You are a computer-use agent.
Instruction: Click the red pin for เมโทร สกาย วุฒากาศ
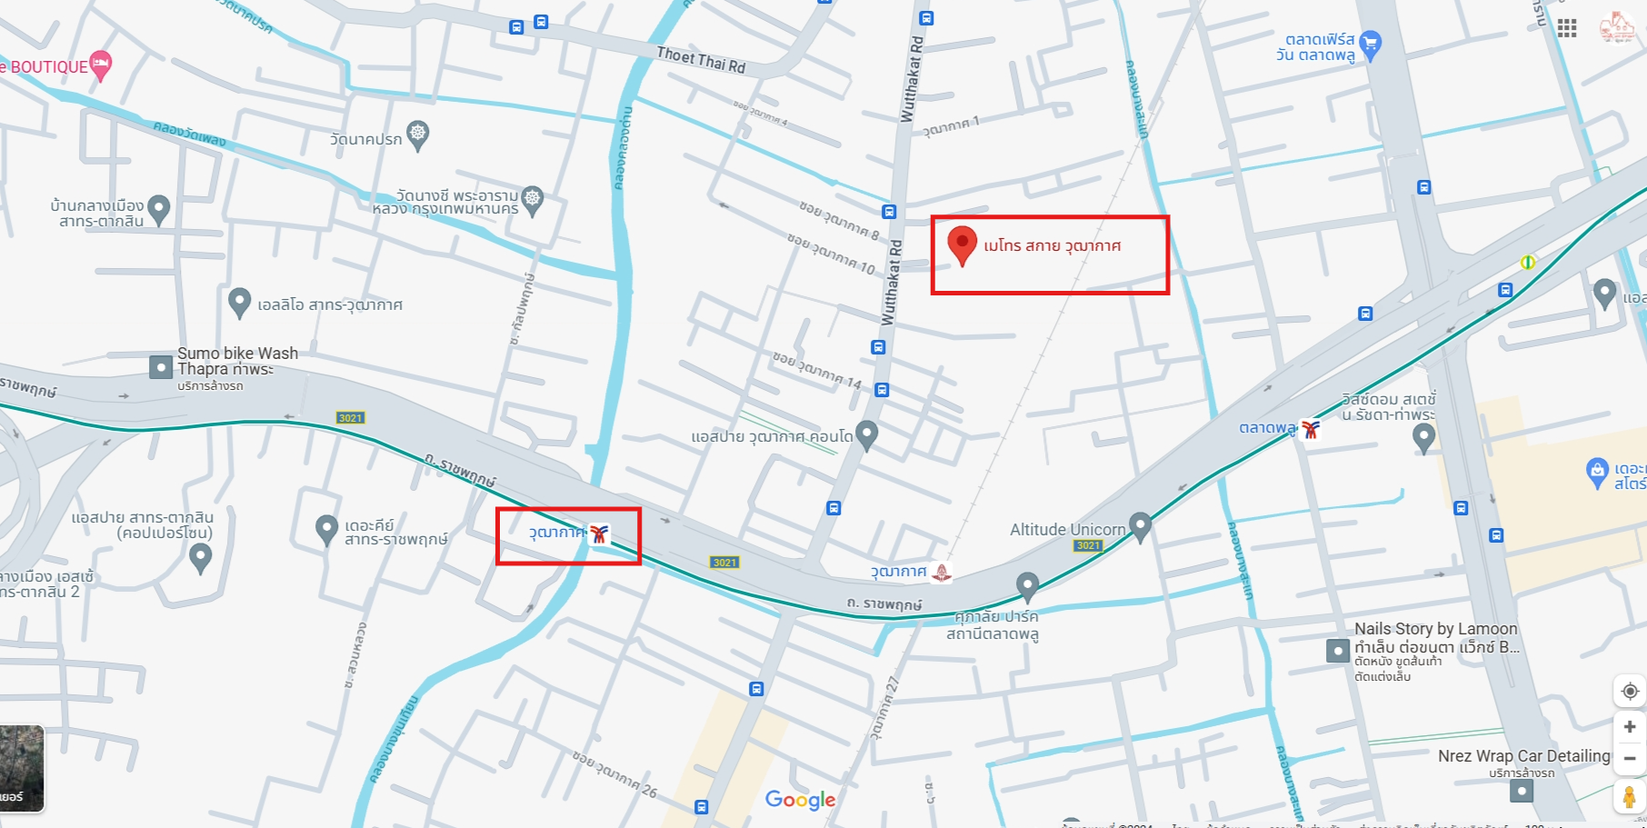point(962,244)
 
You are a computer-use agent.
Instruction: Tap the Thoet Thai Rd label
point(701,60)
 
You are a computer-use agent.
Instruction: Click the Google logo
point(800,800)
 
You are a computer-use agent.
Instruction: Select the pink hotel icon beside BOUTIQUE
point(101,64)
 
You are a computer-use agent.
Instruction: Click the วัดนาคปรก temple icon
point(417,135)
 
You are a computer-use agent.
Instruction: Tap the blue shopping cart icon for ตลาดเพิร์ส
point(1370,44)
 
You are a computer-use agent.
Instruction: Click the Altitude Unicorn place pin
point(1140,526)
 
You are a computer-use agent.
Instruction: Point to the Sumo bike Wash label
point(237,354)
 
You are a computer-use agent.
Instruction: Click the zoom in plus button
point(1629,727)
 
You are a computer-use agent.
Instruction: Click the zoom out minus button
point(1629,758)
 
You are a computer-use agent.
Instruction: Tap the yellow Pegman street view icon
point(1629,797)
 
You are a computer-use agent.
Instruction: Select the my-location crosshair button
point(1629,692)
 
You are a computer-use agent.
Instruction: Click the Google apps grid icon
point(1567,28)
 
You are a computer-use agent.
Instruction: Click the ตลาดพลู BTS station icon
point(1310,429)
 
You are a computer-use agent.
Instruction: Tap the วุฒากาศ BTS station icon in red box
point(598,534)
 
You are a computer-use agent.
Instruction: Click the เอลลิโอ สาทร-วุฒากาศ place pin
point(239,302)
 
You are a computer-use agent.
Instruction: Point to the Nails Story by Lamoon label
point(1435,629)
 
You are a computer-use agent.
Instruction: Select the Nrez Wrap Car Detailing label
point(1523,756)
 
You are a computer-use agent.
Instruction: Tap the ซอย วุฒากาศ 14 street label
point(816,370)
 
